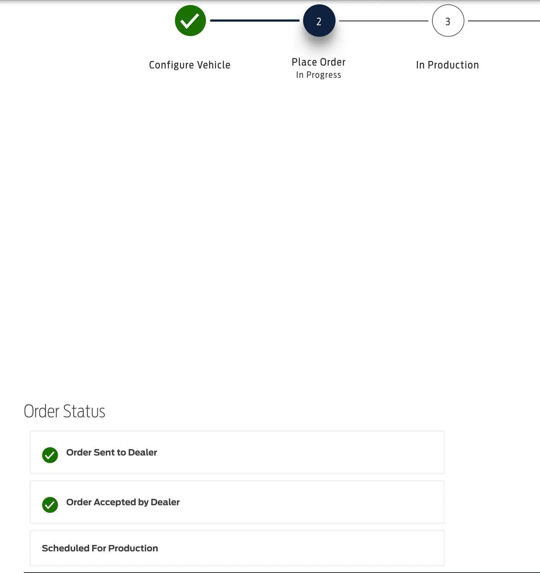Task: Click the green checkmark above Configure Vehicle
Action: tap(190, 21)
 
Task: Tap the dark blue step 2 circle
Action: tap(319, 21)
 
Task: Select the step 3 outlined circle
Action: tap(448, 21)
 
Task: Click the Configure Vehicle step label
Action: tap(190, 65)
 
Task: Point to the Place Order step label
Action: tap(319, 62)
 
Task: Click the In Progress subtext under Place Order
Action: tap(319, 75)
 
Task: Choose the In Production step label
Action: tap(447, 65)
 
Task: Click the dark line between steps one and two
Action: tap(255, 21)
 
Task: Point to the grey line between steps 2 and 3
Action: tap(384, 21)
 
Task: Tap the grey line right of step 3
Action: tap(504, 21)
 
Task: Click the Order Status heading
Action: tap(64, 411)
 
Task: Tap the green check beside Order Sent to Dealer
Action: tap(50, 455)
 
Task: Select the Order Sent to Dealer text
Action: tap(112, 452)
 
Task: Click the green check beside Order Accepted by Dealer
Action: tap(50, 505)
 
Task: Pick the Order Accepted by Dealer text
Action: tap(123, 502)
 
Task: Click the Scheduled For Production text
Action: tap(100, 548)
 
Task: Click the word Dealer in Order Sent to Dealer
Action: tap(143, 452)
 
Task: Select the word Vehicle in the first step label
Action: tap(214, 65)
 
